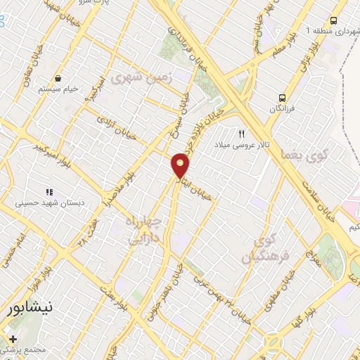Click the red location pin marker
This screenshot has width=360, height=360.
(181, 165)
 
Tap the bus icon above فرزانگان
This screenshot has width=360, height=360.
(282, 98)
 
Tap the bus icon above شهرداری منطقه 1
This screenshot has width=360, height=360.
(333, 20)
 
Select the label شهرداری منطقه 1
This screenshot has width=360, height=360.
(327, 32)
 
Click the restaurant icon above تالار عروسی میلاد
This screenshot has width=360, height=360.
(243, 133)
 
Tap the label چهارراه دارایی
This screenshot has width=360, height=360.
(145, 233)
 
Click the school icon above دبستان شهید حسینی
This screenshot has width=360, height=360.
(49, 192)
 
